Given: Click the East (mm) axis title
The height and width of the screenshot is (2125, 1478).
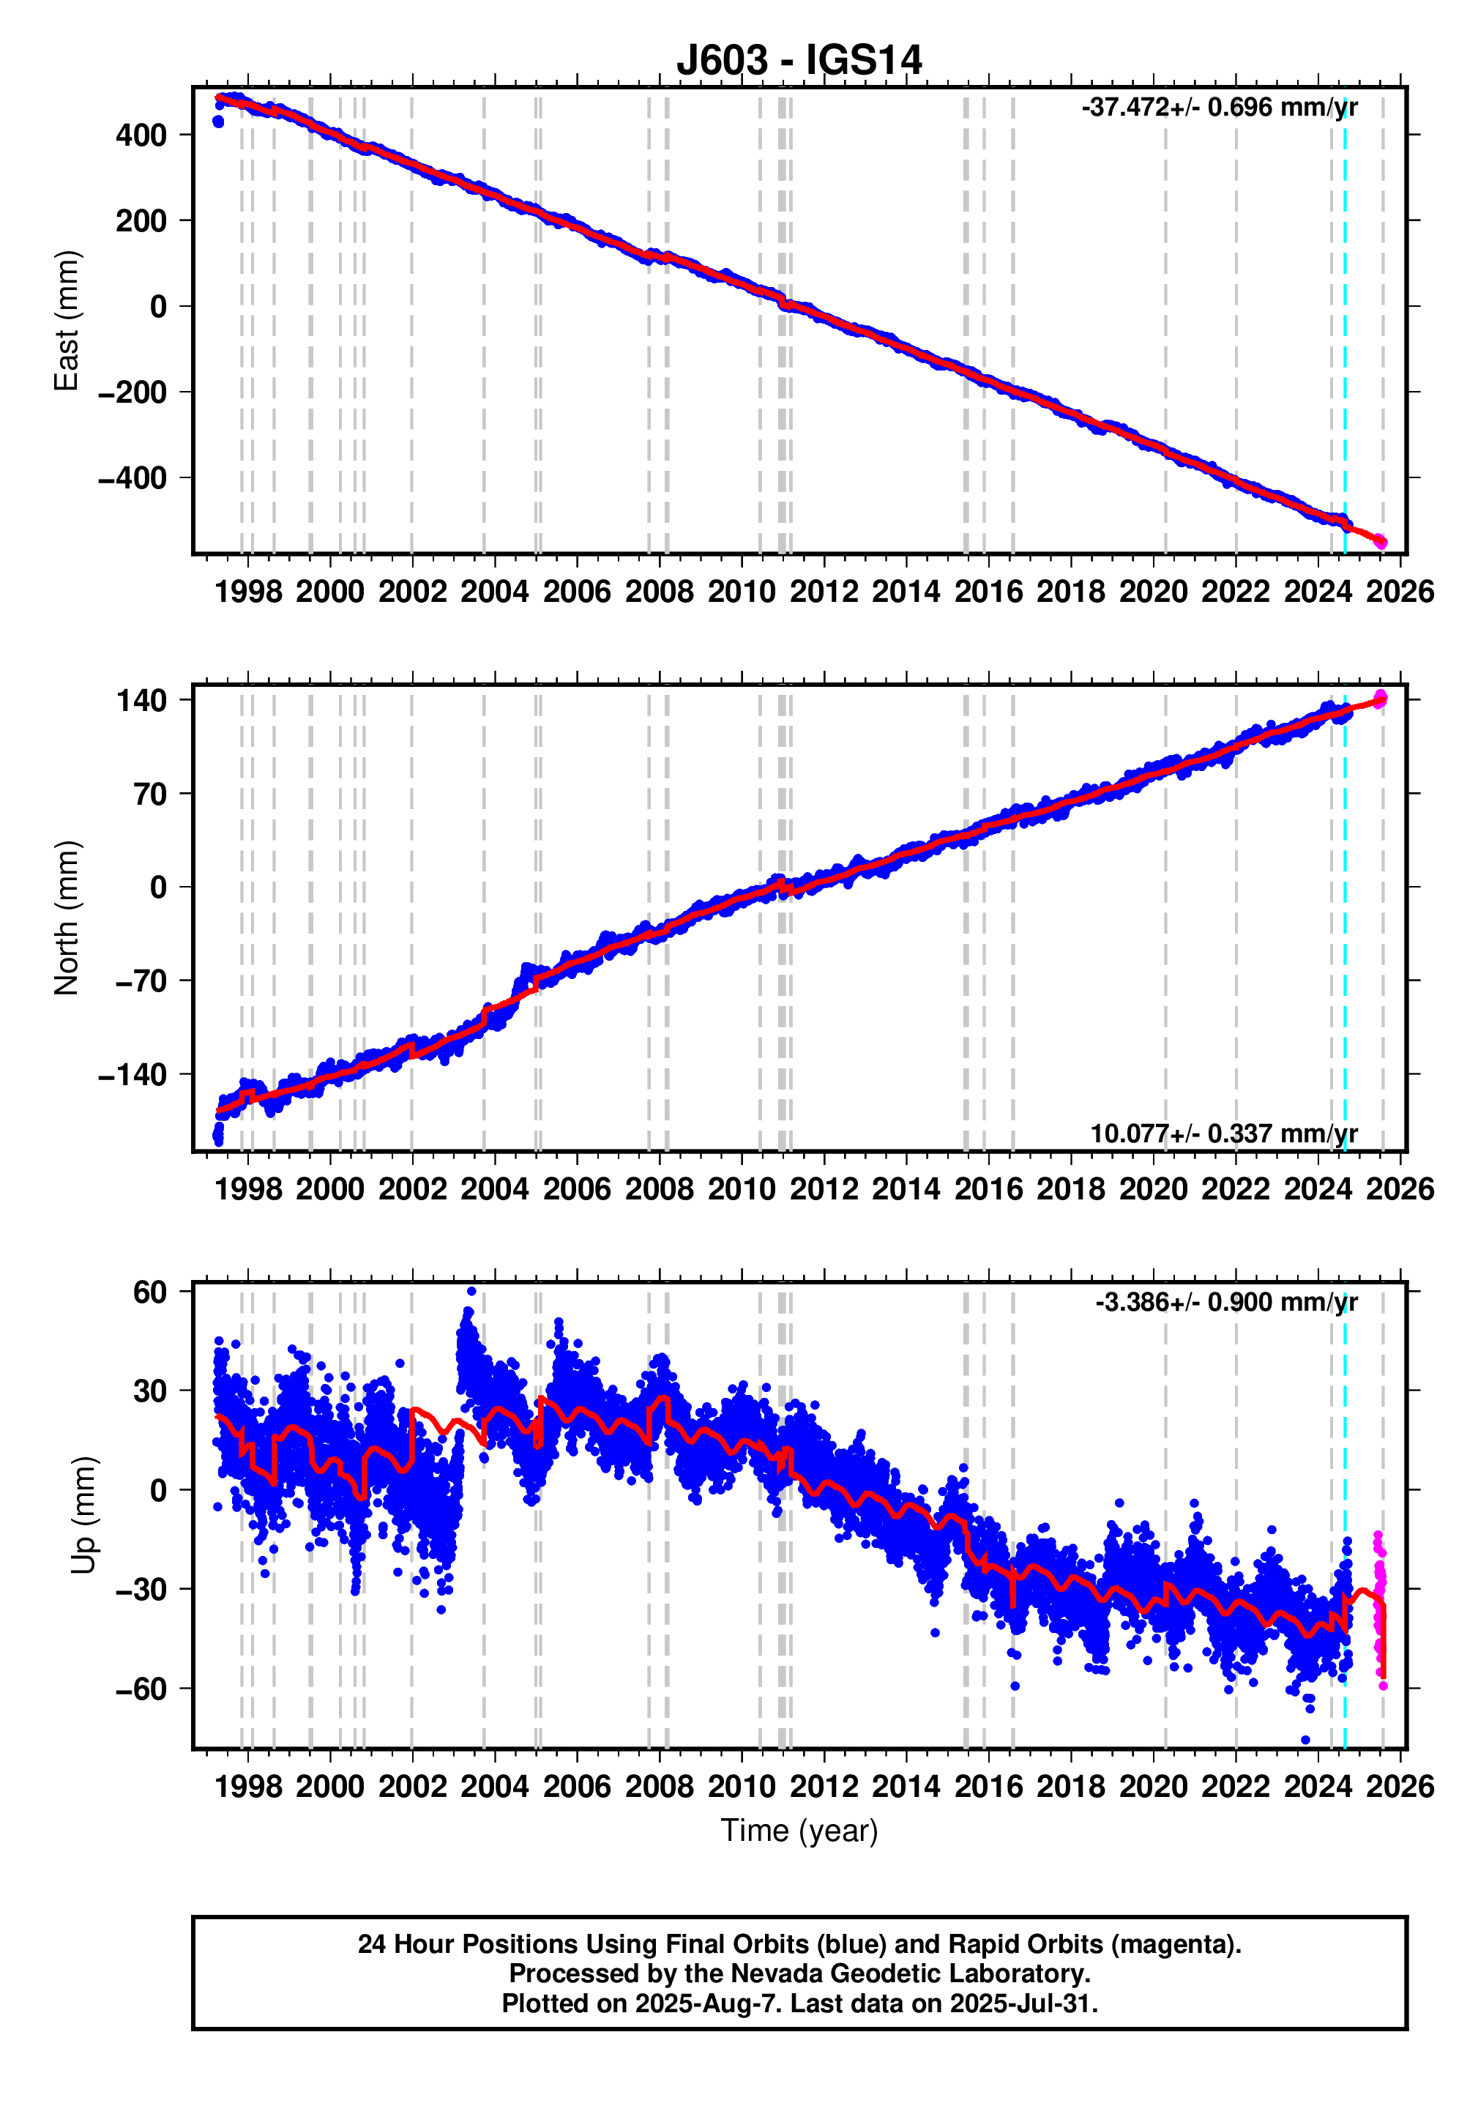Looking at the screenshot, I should tap(67, 321).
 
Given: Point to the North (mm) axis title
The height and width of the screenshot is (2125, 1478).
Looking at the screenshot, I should tap(67, 918).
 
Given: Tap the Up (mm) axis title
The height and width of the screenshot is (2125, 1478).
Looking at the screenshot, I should tap(83, 1514).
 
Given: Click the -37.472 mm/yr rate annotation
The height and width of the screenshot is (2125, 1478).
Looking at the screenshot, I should tap(1218, 108).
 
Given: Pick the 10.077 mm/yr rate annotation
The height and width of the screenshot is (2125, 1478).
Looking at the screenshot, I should tap(1223, 1133).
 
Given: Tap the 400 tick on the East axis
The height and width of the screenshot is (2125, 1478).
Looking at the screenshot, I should tap(141, 135).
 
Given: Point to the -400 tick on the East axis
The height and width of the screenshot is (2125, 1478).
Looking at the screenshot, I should tap(133, 478).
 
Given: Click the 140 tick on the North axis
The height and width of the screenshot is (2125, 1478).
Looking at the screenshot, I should tap(141, 701).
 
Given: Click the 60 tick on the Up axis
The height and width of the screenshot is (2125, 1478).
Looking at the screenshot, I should tap(150, 1292).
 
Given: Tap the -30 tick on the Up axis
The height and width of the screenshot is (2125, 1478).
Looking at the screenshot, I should tap(141, 1589).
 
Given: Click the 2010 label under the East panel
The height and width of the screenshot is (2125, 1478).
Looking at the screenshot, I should tap(742, 592).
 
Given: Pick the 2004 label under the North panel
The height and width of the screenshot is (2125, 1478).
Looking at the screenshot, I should tap(494, 1188).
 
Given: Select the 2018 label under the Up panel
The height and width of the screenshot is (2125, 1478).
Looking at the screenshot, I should tap(1071, 1785).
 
